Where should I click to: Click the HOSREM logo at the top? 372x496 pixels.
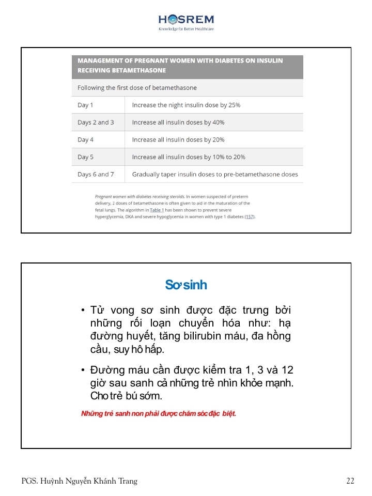coord(186,20)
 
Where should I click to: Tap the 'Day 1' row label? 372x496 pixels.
coord(85,105)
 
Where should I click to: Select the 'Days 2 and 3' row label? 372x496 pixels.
coord(96,122)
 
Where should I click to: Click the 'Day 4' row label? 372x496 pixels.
coord(86,140)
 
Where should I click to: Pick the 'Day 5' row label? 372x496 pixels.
coord(86,157)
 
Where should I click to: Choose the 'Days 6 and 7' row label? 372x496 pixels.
coord(96,175)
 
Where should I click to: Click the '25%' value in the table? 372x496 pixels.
coord(234,105)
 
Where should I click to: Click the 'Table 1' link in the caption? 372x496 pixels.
coord(157,210)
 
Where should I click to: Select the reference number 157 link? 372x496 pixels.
coord(250,217)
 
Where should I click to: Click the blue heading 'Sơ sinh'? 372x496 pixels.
coord(186,285)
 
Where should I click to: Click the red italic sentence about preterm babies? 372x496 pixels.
coord(159,414)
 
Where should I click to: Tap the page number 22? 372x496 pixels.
coord(350,481)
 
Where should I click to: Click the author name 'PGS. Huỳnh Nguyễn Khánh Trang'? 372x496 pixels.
coord(80,481)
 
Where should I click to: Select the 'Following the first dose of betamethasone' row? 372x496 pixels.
coord(137,88)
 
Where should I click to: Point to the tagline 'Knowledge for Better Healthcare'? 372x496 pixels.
coord(186,29)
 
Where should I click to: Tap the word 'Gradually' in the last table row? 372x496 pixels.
coord(146,175)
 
